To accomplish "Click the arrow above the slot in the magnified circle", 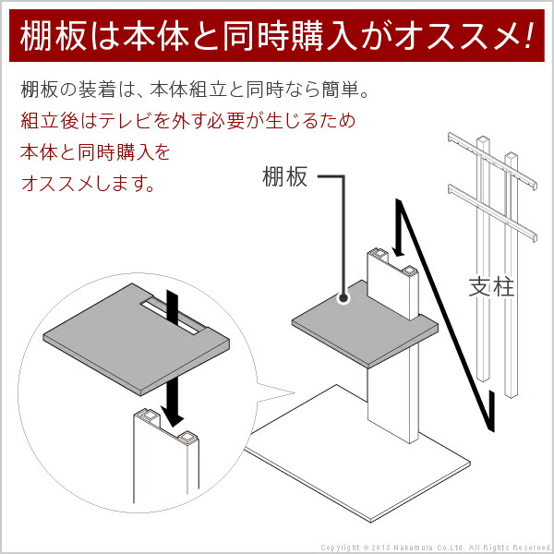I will tap(173, 304).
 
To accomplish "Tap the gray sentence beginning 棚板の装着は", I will tap(199, 91).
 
